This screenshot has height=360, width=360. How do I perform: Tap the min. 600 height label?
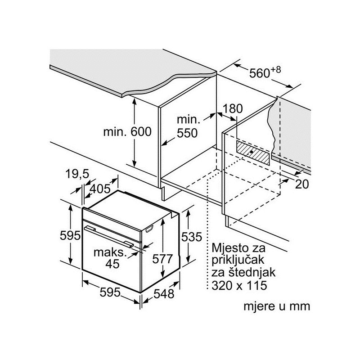pyautogui.click(x=127, y=132)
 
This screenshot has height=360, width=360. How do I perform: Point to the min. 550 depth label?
pyautogui.click(x=187, y=126)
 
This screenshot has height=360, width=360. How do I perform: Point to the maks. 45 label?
pyautogui.click(x=109, y=258)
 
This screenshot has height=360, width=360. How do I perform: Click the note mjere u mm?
pyautogui.click(x=277, y=306)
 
